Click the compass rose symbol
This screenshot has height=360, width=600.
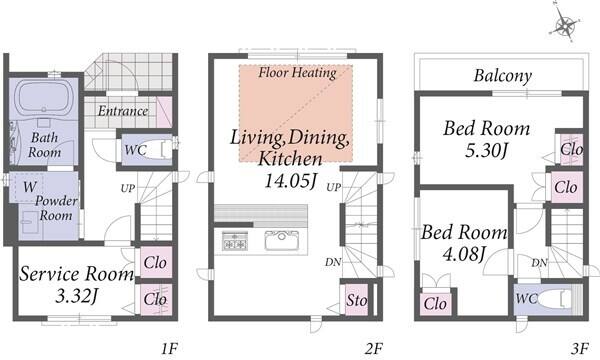tap(565, 24)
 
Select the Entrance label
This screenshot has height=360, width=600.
tap(123, 111)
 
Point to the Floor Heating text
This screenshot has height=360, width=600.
tap(297, 73)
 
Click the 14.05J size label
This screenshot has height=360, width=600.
tap(291, 181)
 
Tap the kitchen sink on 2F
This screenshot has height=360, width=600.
tap(282, 240)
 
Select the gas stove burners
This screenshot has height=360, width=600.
tap(235, 241)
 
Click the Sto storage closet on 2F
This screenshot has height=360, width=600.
tap(357, 300)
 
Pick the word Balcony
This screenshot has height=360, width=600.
tap(503, 75)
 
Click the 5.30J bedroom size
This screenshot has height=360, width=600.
tap(487, 150)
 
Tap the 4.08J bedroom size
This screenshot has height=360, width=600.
tap(464, 254)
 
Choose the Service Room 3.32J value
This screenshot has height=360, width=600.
tap(78, 296)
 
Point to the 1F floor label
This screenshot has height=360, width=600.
tap(169, 349)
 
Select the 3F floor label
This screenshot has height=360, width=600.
tap(580, 349)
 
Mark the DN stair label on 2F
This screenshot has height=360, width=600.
tap(333, 262)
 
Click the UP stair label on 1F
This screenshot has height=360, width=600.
tap(128, 188)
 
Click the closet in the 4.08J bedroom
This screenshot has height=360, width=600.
tap(435, 304)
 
